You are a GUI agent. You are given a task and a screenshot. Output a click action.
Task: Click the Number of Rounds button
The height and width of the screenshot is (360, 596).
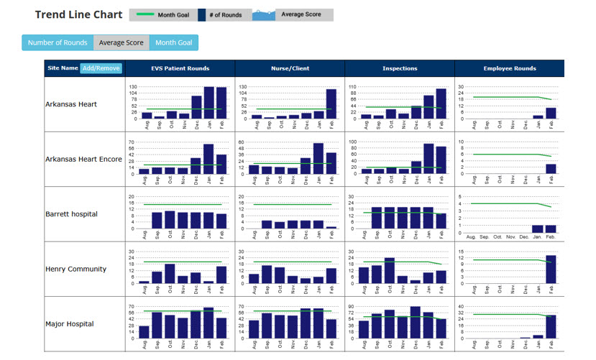(58, 43)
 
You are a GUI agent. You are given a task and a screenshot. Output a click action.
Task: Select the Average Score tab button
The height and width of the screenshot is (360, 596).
(122, 43)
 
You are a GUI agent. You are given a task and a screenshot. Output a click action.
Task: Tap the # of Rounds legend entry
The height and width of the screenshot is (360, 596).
(223, 15)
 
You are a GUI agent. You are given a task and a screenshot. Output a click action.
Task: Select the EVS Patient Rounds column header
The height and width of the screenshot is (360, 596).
(180, 68)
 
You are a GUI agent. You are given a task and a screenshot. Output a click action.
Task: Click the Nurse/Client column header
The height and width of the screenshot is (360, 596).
(290, 68)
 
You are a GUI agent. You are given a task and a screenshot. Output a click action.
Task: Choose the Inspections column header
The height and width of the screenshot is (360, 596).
(400, 68)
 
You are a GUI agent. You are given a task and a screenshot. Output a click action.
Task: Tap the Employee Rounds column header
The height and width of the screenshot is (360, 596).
(510, 68)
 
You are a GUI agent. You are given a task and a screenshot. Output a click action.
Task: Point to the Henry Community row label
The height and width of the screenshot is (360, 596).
(75, 269)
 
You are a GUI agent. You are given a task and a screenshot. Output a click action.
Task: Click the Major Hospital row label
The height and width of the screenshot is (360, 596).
(69, 324)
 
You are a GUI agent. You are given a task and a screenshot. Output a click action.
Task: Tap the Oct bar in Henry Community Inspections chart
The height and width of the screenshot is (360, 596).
(390, 270)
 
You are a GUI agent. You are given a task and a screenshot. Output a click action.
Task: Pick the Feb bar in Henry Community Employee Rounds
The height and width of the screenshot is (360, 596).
(551, 269)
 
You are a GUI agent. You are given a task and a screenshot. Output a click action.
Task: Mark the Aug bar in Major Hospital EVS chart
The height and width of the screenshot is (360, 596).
(145, 331)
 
